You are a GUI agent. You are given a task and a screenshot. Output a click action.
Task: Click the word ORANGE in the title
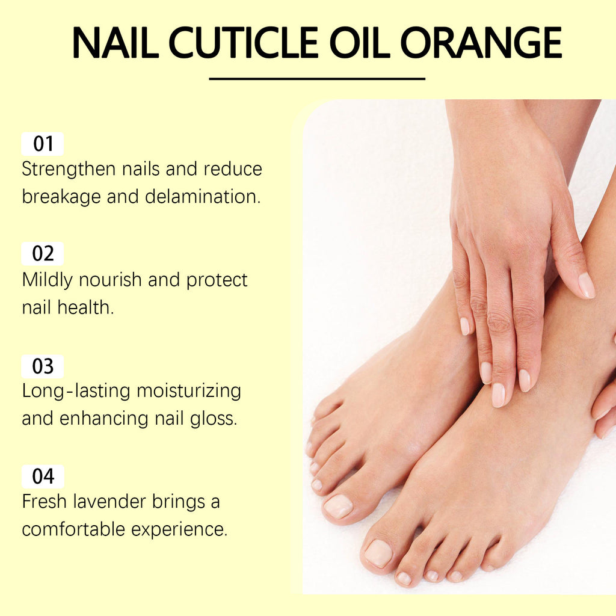(x=481, y=42)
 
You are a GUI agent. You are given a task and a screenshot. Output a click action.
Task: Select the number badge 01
(x=43, y=144)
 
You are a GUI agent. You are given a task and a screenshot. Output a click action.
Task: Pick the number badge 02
(x=43, y=254)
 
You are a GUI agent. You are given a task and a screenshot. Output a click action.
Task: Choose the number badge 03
(x=43, y=366)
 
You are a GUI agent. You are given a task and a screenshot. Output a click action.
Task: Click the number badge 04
(x=43, y=477)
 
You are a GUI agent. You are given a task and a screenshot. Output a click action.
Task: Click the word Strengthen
(x=69, y=169)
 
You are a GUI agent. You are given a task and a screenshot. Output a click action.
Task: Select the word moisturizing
(x=189, y=391)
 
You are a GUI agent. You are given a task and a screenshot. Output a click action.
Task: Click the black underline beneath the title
(x=317, y=79)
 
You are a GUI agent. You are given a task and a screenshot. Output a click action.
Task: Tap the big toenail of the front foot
(x=378, y=552)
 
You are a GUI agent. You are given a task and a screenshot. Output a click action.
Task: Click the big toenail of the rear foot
(x=339, y=506)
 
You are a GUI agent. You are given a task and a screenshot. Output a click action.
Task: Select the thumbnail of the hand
(x=587, y=285)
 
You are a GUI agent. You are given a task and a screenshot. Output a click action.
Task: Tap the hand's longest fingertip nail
(x=498, y=395)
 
